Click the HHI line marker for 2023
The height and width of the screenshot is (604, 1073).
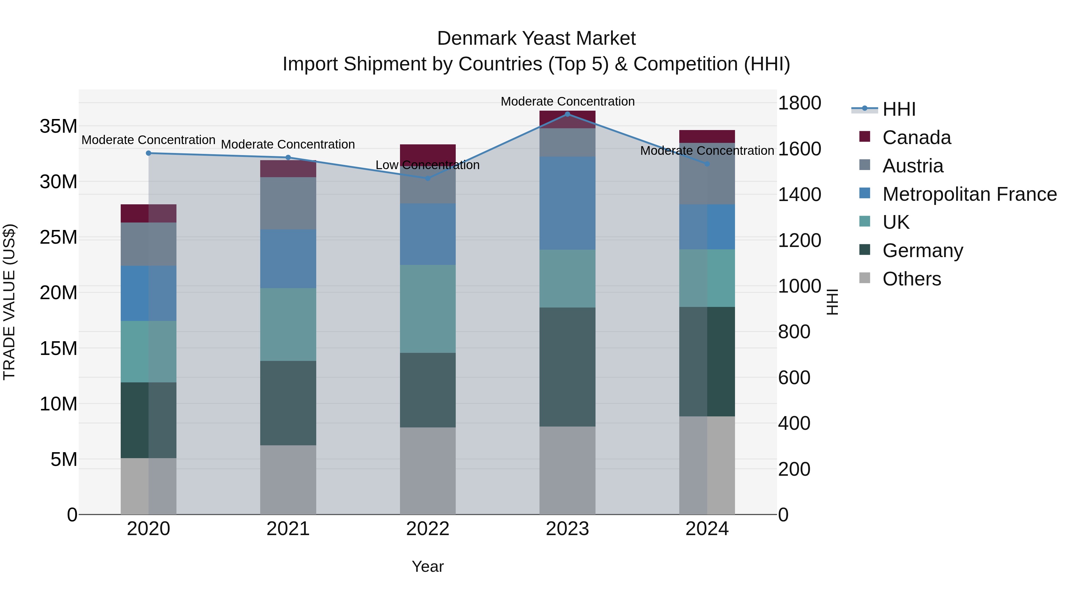tap(567, 114)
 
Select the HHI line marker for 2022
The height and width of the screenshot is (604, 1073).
tap(428, 178)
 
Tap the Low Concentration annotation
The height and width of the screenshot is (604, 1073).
tap(427, 165)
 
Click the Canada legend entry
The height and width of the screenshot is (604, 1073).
tap(917, 138)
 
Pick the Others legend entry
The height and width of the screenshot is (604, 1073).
tap(911, 279)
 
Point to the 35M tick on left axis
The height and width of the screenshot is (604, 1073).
tap(58, 126)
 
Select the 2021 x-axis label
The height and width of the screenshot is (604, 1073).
tap(288, 529)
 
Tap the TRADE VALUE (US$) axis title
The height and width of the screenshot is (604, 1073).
tap(9, 302)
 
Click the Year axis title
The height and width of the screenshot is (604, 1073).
tap(427, 566)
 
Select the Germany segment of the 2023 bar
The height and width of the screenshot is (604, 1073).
tap(567, 367)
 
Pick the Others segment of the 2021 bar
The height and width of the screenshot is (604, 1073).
tap(288, 479)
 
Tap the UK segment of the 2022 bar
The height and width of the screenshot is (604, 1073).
tap(428, 308)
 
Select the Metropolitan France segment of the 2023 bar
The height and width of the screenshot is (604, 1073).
tap(567, 203)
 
